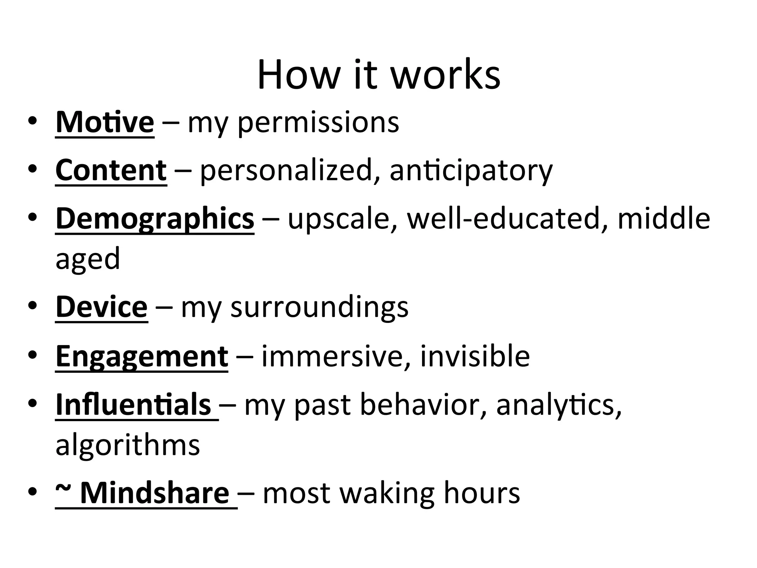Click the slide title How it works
tap(378, 75)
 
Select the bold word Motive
tap(105, 122)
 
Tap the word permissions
tap(318, 123)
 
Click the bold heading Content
tap(111, 170)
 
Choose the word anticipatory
tap(471, 171)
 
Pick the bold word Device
tap(102, 307)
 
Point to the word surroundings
tap(319, 308)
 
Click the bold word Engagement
tap(142, 356)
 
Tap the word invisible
tap(475, 356)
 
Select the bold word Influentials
tap(133, 405)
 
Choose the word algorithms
tap(128, 445)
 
